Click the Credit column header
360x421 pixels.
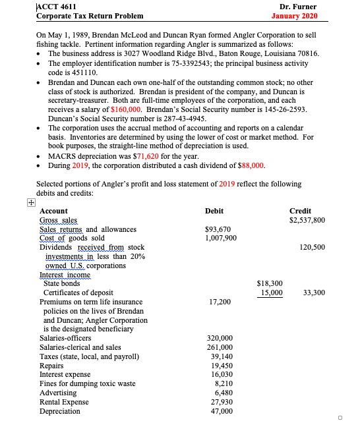point(301,211)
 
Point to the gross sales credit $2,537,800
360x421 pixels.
point(307,220)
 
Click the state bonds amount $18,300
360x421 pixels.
point(268,283)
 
